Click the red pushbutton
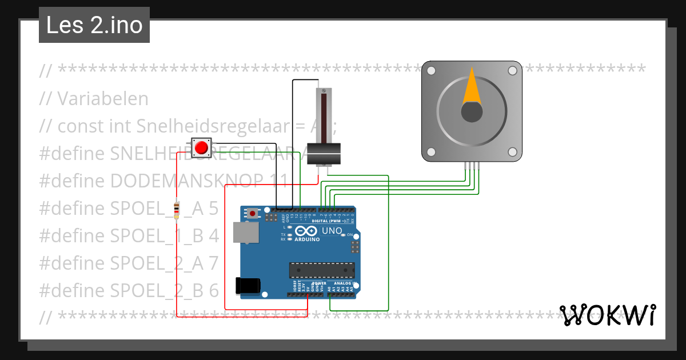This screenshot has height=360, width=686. (201, 148)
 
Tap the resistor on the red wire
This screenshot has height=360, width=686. (176, 210)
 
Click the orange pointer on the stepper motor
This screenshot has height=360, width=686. (472, 86)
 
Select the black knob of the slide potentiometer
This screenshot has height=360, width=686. (324, 154)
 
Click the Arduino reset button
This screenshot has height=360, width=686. (253, 214)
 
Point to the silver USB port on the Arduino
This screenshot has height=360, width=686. (245, 233)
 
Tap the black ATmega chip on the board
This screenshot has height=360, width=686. (321, 270)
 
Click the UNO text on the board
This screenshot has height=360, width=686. (332, 231)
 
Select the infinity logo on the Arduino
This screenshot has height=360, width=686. (306, 231)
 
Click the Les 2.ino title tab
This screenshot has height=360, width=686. (94, 25)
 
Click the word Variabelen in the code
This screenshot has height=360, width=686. (103, 99)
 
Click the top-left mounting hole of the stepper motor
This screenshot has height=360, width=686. (432, 71)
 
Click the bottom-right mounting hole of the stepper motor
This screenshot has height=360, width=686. (513, 152)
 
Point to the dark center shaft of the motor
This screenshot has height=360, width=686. (472, 111)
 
